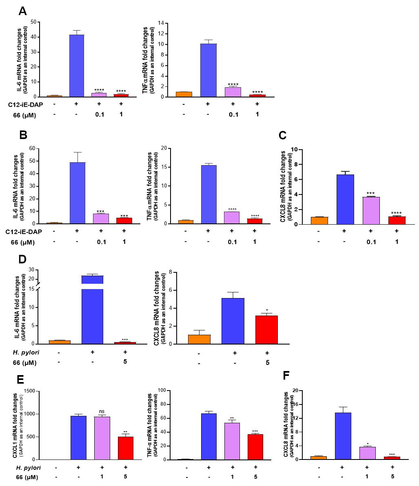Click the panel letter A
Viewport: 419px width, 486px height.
23,11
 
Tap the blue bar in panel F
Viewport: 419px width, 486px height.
343,436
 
